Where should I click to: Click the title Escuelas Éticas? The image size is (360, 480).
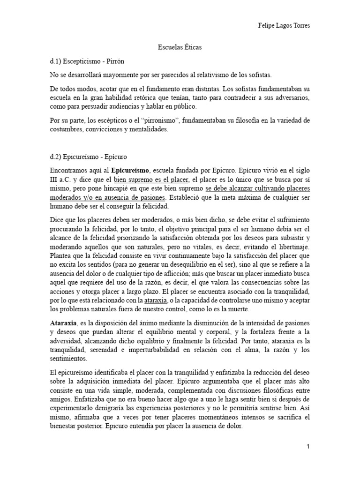pos(180,47)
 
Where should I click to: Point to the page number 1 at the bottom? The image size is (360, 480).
pos(308,447)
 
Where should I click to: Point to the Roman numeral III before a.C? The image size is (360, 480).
pos(54,180)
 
